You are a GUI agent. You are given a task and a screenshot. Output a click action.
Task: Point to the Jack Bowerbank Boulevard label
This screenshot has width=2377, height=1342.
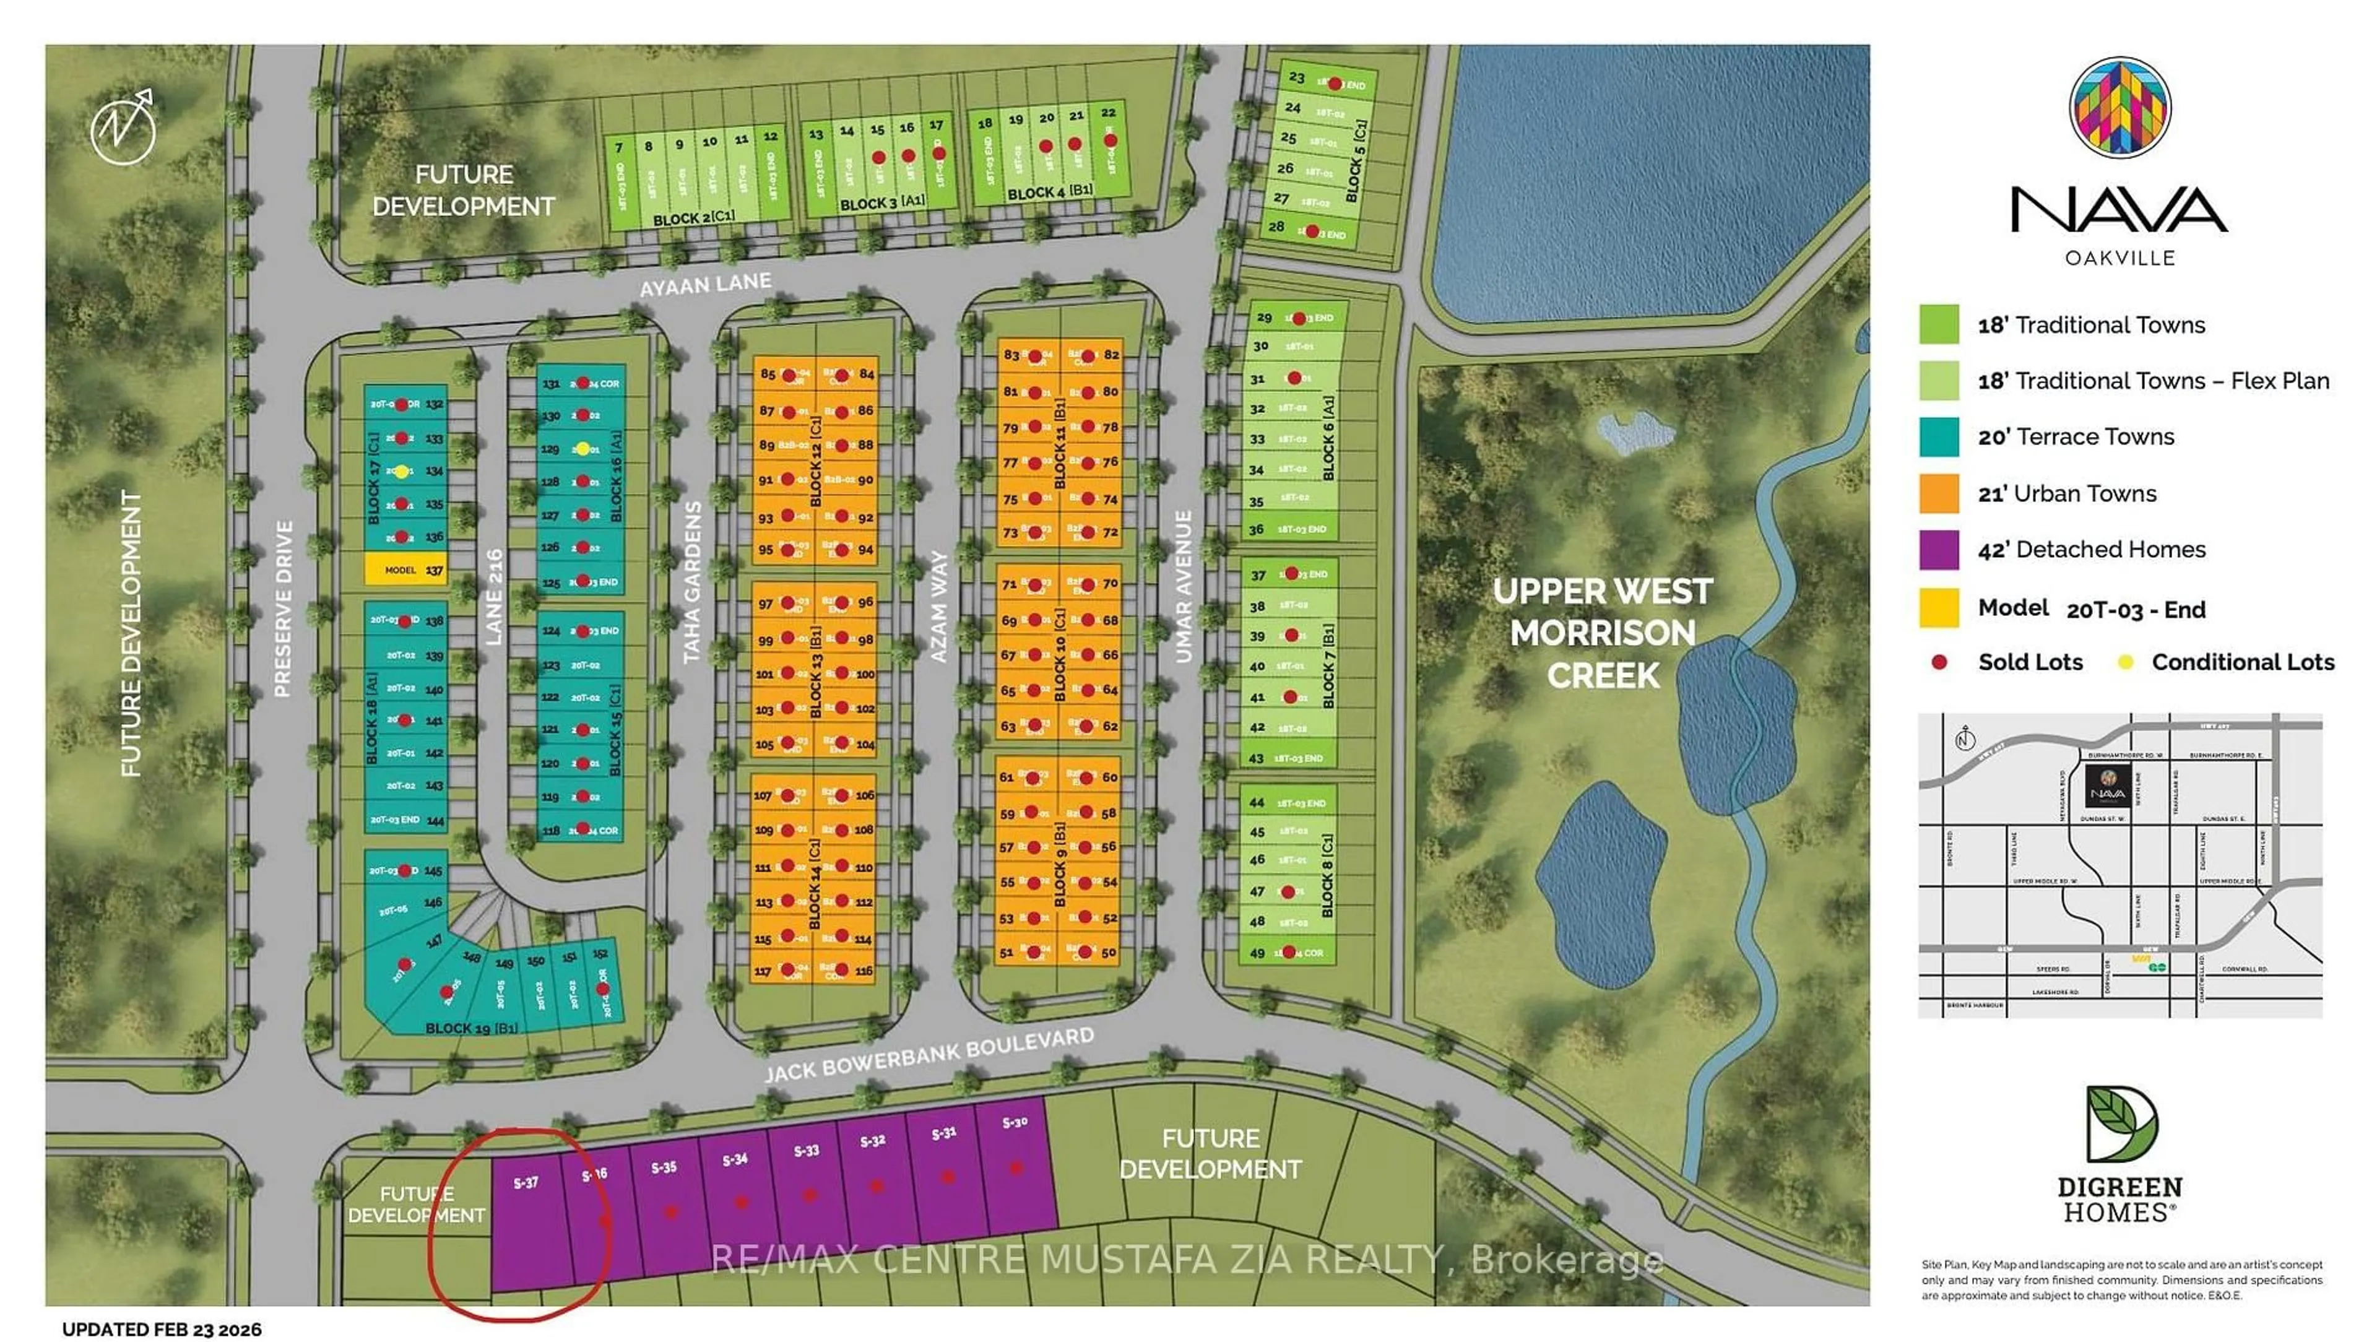click(929, 1054)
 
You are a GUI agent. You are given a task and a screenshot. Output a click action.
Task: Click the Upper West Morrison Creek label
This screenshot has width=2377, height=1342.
click(1603, 633)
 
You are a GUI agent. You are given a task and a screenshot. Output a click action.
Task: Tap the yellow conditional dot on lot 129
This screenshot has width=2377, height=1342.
click(583, 449)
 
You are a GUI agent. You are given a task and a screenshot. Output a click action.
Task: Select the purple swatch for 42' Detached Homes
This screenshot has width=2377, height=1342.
click(1939, 550)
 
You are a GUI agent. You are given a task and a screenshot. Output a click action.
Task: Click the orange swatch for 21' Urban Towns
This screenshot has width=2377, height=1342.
click(1939, 494)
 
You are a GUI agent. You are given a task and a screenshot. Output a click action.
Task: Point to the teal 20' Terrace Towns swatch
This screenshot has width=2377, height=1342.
click(1939, 438)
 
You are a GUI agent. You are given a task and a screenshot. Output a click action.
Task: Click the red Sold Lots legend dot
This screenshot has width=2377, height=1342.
click(1939, 662)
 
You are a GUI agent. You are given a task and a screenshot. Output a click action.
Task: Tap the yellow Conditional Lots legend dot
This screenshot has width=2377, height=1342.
click(2125, 662)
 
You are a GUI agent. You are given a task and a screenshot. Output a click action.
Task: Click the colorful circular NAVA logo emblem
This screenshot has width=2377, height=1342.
click(2119, 107)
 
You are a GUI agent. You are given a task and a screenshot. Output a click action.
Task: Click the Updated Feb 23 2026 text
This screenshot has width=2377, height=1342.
click(162, 1329)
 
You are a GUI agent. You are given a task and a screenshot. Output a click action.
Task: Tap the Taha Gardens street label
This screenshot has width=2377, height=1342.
click(692, 582)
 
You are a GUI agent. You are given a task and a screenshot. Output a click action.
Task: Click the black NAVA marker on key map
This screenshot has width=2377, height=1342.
click(2108, 786)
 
